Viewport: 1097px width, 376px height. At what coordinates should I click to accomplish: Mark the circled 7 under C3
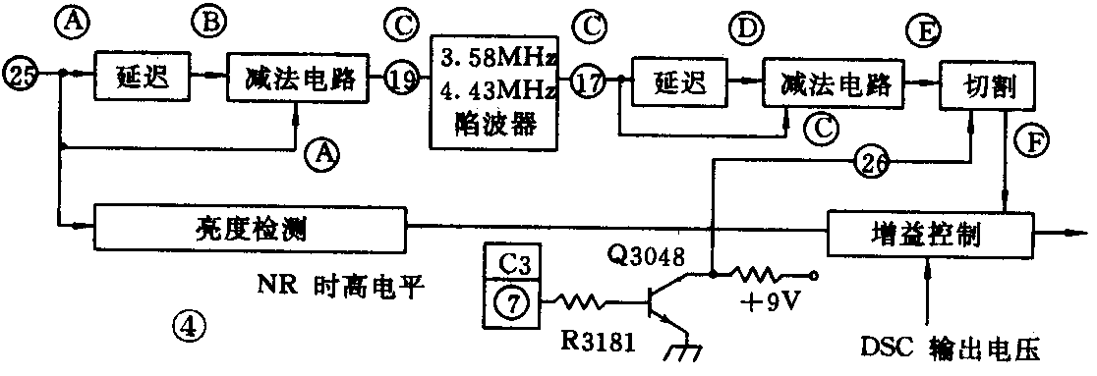point(510,305)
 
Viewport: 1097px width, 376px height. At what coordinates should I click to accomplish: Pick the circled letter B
point(208,20)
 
